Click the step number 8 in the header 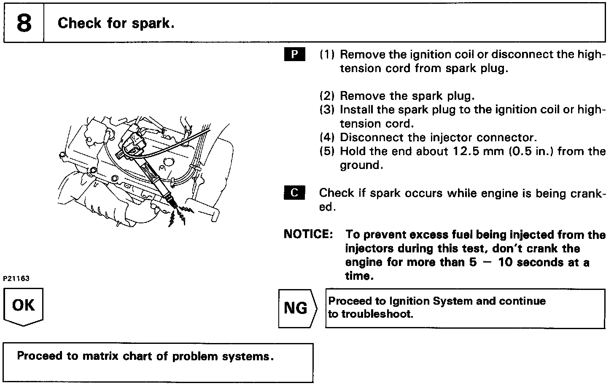tap(24, 23)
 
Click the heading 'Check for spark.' tap(116, 23)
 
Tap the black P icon tap(295, 55)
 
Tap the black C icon tap(295, 193)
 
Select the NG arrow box tap(296, 308)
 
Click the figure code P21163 tap(16, 279)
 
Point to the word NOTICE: tap(308, 234)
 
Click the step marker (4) tap(327, 137)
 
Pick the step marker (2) tap(327, 96)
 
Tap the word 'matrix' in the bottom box tap(100, 357)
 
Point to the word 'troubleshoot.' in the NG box tap(377, 314)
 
